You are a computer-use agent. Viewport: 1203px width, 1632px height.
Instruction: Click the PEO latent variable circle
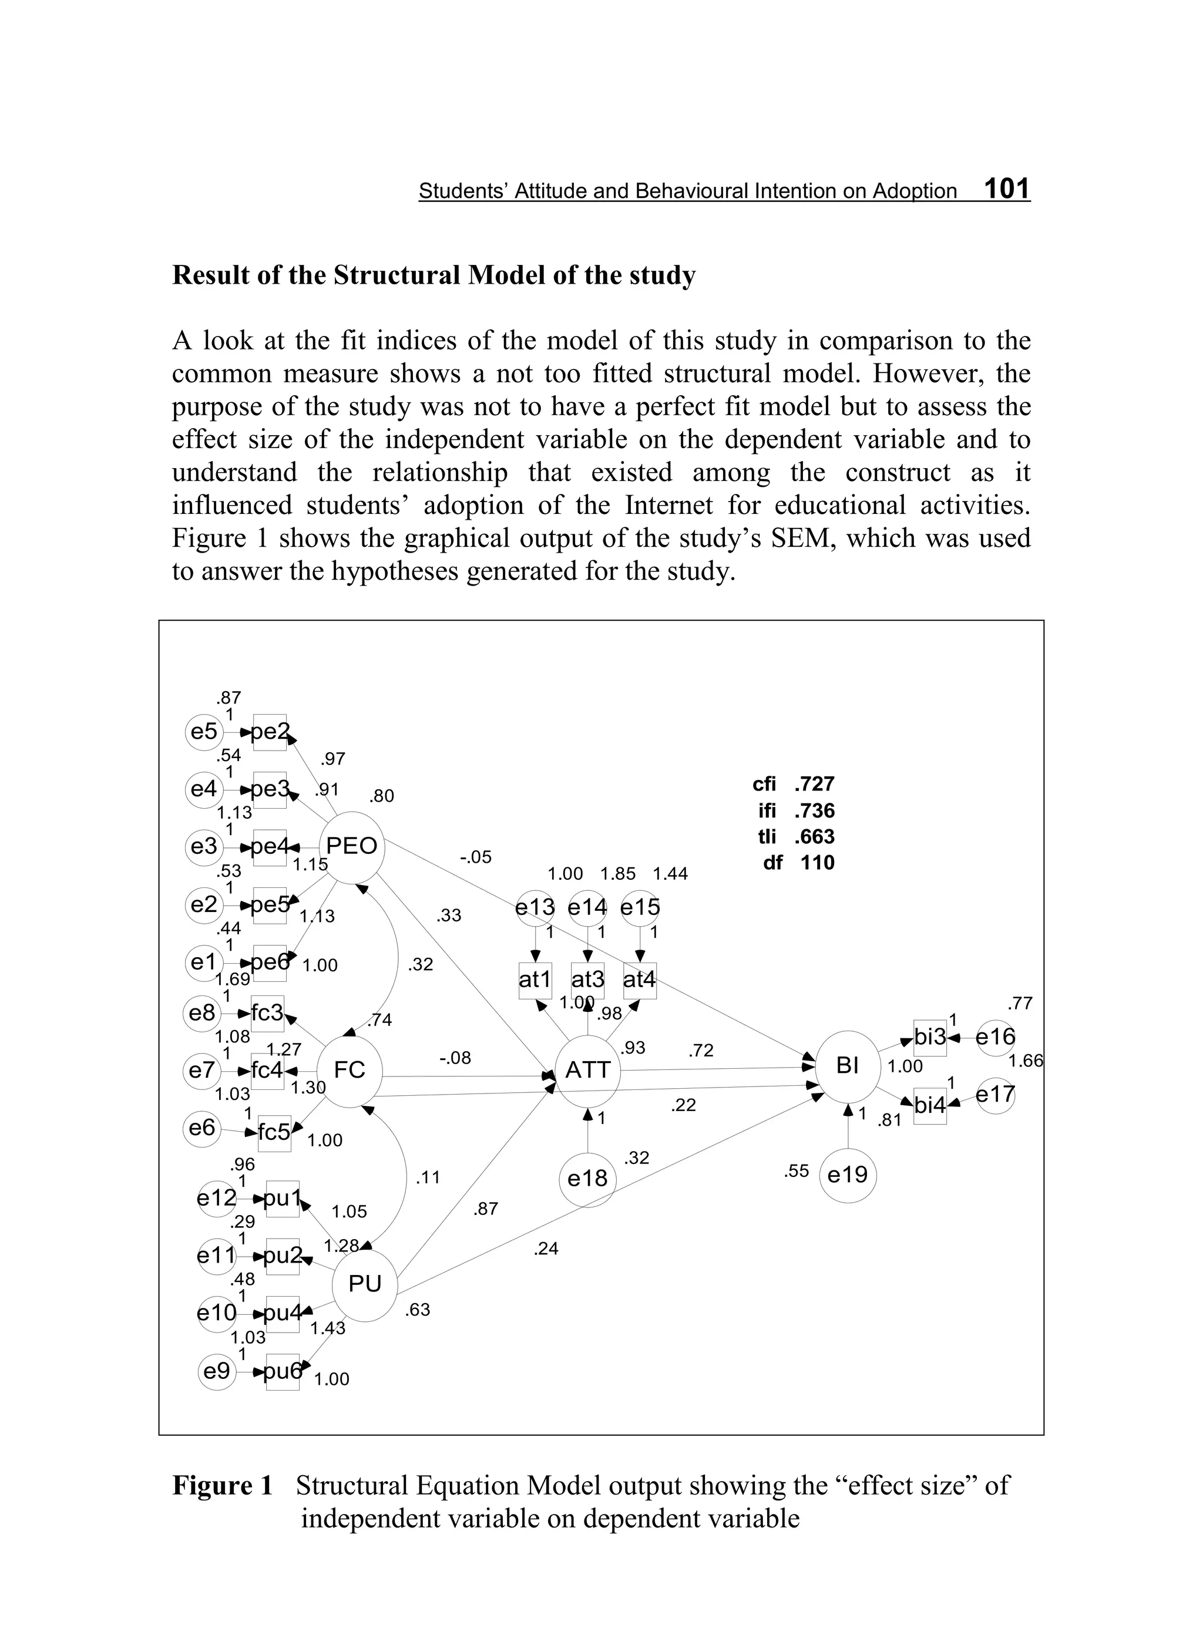(352, 846)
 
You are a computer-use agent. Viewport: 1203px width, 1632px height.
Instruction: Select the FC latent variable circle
(349, 1070)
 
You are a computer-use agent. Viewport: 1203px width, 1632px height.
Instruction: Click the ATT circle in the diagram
(587, 1070)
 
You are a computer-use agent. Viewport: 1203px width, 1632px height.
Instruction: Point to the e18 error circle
(587, 1178)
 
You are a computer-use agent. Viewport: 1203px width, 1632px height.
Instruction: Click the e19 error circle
(848, 1174)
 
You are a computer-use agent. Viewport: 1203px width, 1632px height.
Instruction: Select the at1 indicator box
(535, 980)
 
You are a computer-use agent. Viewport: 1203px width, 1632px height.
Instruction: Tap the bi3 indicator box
(930, 1037)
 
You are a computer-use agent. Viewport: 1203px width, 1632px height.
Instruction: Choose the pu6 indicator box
(282, 1371)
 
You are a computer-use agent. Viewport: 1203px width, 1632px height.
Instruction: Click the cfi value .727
(814, 784)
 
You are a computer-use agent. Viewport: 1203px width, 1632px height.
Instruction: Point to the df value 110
(817, 863)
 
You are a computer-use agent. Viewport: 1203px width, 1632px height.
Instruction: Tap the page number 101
(1006, 189)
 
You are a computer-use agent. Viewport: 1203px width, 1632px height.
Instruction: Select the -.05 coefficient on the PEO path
(476, 857)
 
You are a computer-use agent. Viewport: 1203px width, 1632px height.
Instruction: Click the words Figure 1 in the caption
(222, 1485)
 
